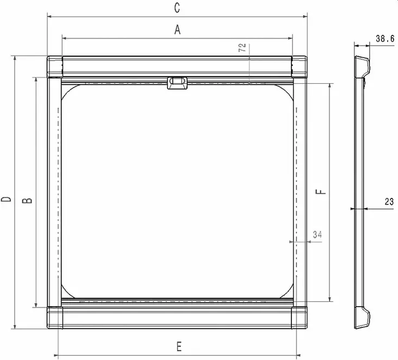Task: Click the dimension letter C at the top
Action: coord(177,8)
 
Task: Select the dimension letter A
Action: coord(177,31)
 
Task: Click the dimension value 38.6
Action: coord(384,39)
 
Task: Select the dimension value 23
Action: coord(389,202)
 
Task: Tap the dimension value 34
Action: coord(318,234)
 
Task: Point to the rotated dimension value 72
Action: coord(242,47)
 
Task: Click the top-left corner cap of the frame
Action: coord(54,67)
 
